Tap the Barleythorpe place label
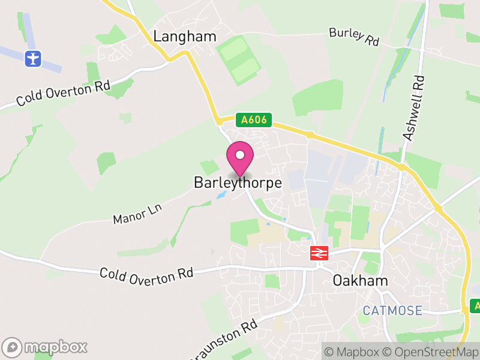click(238, 183)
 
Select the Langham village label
click(185, 37)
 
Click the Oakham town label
click(360, 280)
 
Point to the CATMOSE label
click(392, 310)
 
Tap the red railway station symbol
click(318, 253)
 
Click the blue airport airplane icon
click(33, 59)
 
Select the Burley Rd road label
click(354, 37)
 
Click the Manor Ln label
click(138, 213)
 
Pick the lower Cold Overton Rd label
click(146, 274)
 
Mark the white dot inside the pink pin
click(240, 155)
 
